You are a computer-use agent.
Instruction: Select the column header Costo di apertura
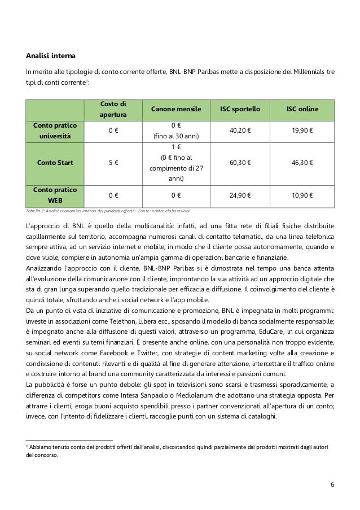click(x=113, y=108)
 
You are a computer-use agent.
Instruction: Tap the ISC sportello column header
click(x=240, y=108)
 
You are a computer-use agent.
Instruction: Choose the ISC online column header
click(x=302, y=108)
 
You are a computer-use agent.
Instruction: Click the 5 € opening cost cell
click(x=113, y=162)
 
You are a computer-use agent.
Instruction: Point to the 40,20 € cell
click(x=240, y=130)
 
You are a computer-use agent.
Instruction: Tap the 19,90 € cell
click(x=302, y=130)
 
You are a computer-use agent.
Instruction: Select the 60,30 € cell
click(x=240, y=162)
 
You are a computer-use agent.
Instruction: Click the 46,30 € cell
click(x=302, y=162)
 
